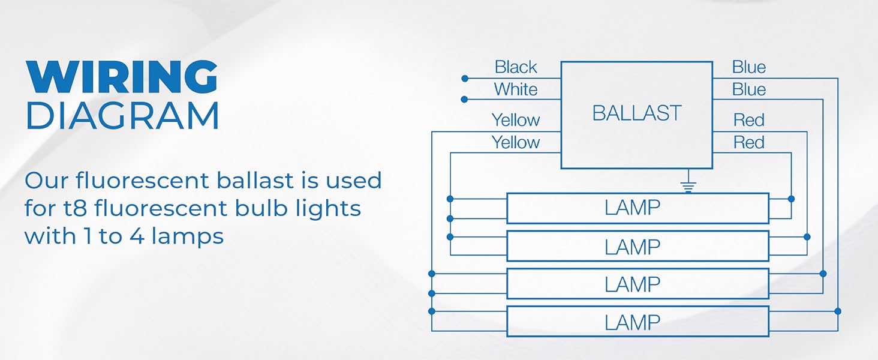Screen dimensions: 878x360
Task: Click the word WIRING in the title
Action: click(122, 77)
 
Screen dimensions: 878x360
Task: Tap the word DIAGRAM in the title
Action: click(122, 115)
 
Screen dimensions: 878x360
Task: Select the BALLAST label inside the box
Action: click(636, 113)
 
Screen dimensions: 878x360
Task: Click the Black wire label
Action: click(515, 67)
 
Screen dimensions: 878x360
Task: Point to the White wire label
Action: click(515, 89)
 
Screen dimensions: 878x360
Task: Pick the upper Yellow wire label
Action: click(516, 120)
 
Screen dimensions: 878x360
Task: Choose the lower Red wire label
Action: click(748, 142)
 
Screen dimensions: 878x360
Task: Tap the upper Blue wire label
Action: click(748, 67)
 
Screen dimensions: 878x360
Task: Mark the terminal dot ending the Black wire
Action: click(465, 79)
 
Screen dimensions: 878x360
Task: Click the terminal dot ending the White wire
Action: click(464, 100)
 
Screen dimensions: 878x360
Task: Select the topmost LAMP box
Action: click(638, 208)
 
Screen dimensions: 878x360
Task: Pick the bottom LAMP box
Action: click(638, 322)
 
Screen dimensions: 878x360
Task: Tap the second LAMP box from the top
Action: click(638, 246)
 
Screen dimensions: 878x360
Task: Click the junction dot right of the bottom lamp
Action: click(838, 311)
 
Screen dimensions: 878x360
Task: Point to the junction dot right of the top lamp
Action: click(791, 199)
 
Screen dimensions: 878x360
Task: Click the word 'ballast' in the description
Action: click(255, 181)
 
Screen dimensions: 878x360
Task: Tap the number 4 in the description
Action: click(137, 236)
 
